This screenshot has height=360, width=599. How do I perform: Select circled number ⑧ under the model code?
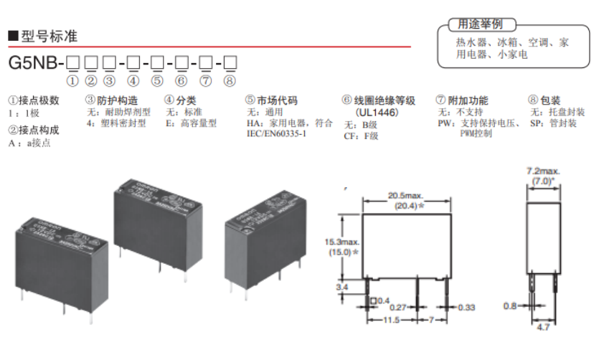pos(230,80)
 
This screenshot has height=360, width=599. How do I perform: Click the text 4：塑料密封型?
pos(115,123)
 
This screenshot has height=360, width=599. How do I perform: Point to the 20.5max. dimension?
pos(406,196)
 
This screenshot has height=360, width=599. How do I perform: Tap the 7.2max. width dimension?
pos(543,172)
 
